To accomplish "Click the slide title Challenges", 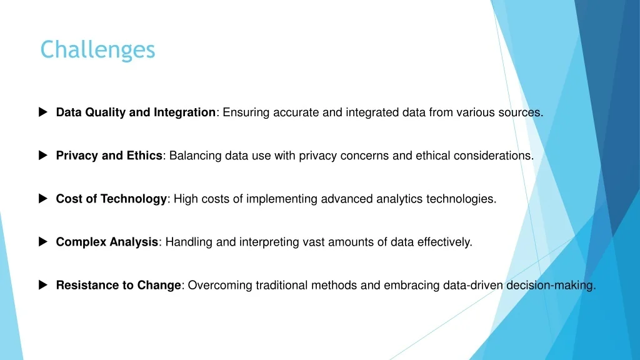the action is pyautogui.click(x=97, y=50).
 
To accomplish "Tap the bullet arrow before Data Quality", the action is pyautogui.click(x=43, y=112).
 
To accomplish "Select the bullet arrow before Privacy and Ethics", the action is pyautogui.click(x=43, y=155).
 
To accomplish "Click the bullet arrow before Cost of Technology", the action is pyautogui.click(x=43, y=198).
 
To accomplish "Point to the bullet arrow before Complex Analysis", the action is pyautogui.click(x=43, y=242).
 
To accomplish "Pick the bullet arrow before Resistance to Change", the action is pyautogui.click(x=43, y=285).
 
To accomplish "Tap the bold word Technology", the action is pyautogui.click(x=134, y=199).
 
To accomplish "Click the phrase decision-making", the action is pyautogui.click(x=551, y=286).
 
